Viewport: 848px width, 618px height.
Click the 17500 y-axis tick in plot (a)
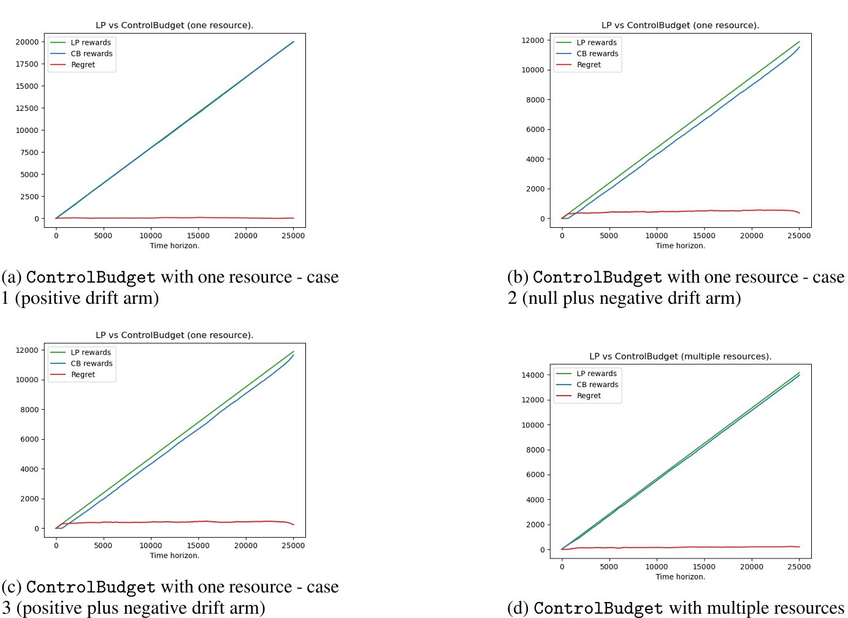pos(27,64)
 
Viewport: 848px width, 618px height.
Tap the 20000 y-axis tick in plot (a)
pos(27,42)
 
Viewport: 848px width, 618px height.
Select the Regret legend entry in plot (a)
pos(83,65)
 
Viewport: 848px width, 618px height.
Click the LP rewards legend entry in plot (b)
pos(596,43)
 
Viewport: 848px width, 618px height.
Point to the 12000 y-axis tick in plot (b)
pos(532,40)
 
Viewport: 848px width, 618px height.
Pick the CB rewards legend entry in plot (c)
pos(91,364)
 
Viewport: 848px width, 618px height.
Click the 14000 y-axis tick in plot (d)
pos(532,375)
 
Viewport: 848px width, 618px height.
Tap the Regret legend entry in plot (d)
pos(589,396)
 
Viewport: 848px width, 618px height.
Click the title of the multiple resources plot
pos(680,356)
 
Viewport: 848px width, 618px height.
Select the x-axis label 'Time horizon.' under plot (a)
pos(175,246)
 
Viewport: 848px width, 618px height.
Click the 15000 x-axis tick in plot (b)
pos(703,236)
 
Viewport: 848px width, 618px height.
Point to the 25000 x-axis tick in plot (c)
pos(293,546)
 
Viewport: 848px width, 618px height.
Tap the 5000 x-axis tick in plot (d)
pos(609,567)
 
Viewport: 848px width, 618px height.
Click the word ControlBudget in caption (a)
pos(91,277)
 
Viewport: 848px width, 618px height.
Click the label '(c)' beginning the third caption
pos(12,587)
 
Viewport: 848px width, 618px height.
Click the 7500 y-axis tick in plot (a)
pos(29,153)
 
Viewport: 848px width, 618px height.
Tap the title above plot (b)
pos(680,26)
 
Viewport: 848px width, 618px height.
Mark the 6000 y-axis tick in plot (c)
pos(29,439)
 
